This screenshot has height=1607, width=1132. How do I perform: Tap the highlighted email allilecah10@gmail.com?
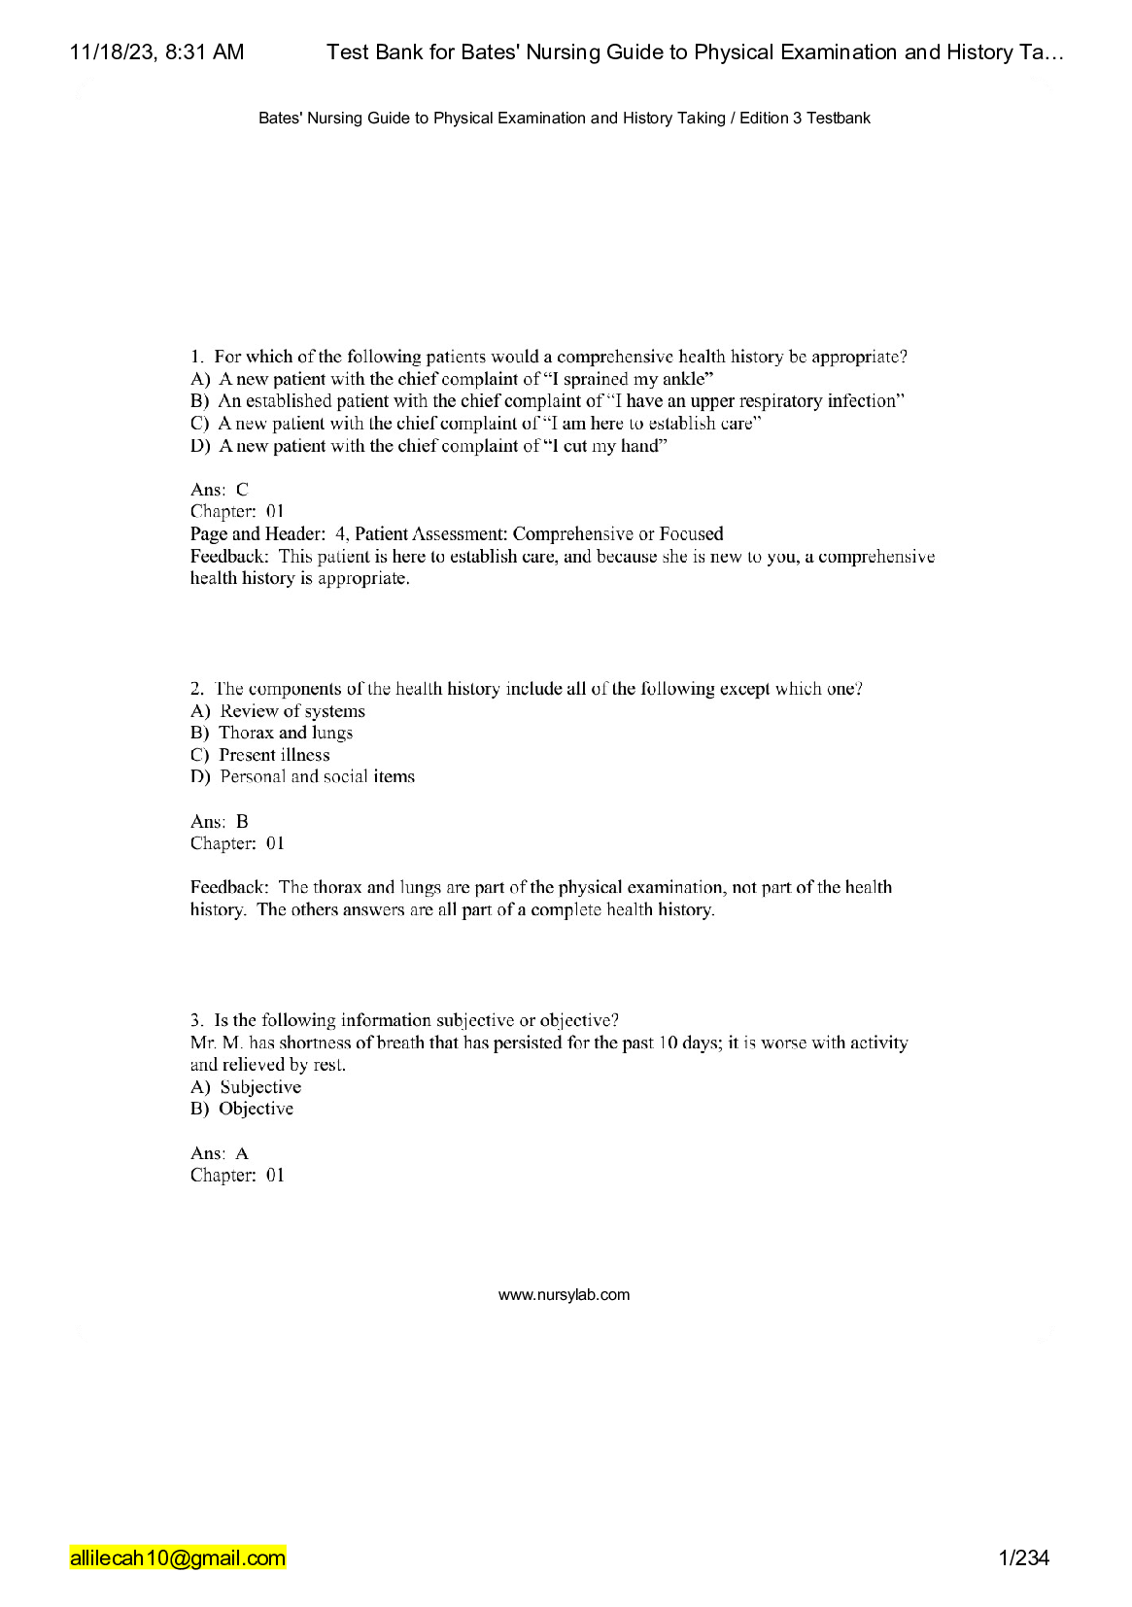(178, 1558)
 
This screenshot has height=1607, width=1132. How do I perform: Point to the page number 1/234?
(1023, 1558)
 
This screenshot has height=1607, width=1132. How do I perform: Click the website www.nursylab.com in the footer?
(564, 1295)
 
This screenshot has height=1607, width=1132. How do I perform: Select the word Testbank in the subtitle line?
(839, 119)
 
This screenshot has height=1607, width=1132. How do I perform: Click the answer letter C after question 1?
(242, 490)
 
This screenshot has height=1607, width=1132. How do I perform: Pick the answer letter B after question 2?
(242, 822)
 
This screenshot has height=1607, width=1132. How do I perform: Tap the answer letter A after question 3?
(242, 1154)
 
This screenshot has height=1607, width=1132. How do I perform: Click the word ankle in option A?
(684, 379)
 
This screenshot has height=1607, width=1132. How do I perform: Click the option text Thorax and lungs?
(286, 734)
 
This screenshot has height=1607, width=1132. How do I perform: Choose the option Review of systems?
(292, 711)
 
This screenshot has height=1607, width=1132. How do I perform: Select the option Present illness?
(274, 755)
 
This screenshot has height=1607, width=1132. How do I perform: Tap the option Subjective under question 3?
(260, 1087)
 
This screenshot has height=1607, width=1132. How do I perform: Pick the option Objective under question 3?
(256, 1110)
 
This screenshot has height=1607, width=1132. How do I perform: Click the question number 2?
(196, 689)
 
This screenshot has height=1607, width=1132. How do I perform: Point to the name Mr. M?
(216, 1043)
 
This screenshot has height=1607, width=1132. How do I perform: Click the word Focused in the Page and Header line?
(691, 534)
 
